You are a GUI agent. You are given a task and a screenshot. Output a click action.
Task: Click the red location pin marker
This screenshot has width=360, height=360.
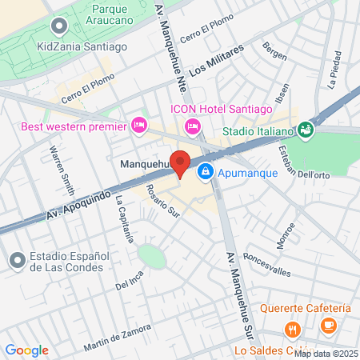(181, 163)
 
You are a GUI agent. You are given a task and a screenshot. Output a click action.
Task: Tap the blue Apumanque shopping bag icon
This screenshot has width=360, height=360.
(206, 171)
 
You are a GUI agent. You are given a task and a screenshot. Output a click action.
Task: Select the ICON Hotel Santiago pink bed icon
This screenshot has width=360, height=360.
(192, 126)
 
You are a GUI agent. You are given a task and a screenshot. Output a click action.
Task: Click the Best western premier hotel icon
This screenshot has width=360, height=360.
(138, 125)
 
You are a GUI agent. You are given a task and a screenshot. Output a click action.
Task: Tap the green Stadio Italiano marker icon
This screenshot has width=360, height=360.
(305, 129)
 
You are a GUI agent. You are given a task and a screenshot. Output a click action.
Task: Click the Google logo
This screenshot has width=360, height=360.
(27, 350)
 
